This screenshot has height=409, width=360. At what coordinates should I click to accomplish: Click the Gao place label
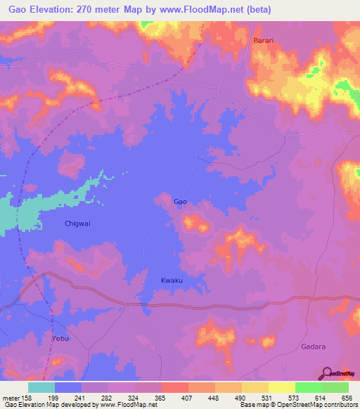click(x=180, y=202)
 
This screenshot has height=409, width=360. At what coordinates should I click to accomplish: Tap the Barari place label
click(x=264, y=41)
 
